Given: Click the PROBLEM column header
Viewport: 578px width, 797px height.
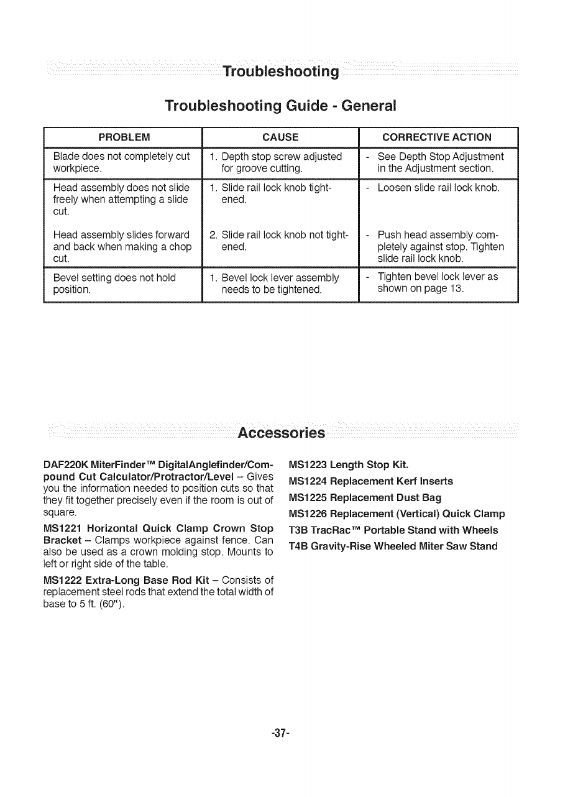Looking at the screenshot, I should pos(124,137).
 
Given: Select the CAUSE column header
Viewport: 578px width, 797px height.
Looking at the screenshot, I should pos(280,137).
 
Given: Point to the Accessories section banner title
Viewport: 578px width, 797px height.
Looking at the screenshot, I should pos(282,433).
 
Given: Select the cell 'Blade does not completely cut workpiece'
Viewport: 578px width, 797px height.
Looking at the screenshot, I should pos(121,162).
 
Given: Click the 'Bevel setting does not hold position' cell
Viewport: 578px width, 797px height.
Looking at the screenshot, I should pos(114,283).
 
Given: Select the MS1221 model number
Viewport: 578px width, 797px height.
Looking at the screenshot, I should pos(63,528).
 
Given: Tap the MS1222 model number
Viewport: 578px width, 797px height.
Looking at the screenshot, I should pos(63,580).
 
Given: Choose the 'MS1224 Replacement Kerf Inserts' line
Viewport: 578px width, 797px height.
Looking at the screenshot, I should pos(371,481).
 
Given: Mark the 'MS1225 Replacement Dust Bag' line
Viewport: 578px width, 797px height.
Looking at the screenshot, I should pos(365,497).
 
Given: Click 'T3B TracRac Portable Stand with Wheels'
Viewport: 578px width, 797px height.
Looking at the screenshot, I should pos(393,530).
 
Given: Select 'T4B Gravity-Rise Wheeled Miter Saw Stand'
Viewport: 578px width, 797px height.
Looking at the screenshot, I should pos(393,546).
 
